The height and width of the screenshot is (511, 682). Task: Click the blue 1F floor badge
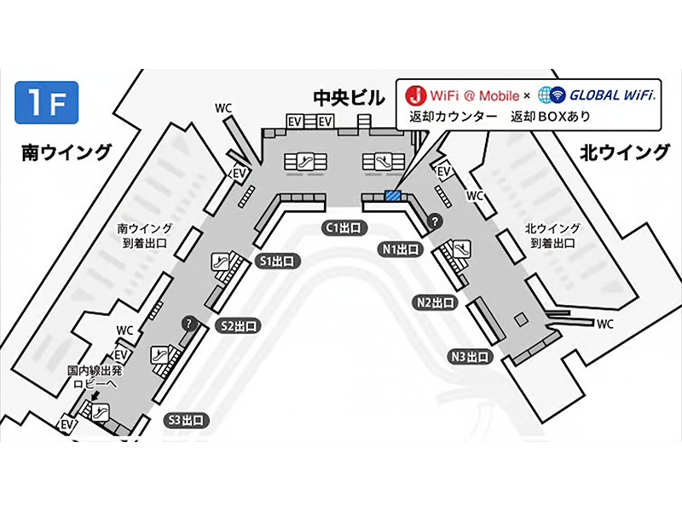(46, 102)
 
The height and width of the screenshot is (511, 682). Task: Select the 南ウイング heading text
(67, 152)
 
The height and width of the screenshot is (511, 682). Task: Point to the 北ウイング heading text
(625, 152)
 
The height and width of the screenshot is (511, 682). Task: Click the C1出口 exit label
(344, 227)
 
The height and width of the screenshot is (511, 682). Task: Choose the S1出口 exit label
(275, 261)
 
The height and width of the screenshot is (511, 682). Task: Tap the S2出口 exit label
(239, 325)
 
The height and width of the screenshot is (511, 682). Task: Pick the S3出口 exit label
(187, 419)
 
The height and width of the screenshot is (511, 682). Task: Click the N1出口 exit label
(400, 250)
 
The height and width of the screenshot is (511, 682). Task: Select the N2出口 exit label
(434, 302)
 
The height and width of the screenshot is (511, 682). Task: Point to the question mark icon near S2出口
(188, 324)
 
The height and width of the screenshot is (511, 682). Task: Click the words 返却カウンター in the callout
(452, 116)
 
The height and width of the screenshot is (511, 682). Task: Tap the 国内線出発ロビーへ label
(96, 376)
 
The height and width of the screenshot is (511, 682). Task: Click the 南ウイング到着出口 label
(145, 235)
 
